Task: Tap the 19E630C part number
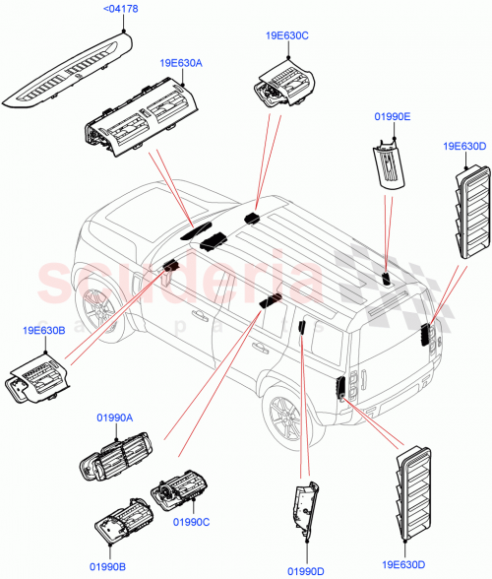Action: coord(286,35)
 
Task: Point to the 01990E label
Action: coord(393,116)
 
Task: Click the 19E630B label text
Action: coord(41,332)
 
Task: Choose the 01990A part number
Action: coord(115,418)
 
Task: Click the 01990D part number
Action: coord(308,570)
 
